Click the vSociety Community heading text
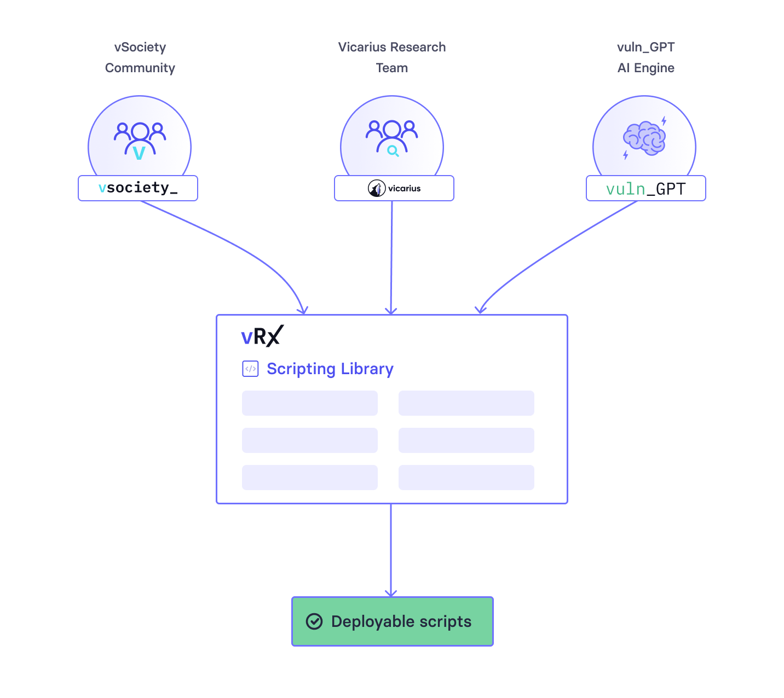click(x=140, y=57)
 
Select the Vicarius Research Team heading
click(x=392, y=57)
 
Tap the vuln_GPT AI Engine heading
click(x=645, y=57)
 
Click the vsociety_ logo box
click(x=138, y=188)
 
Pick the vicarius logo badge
click(x=394, y=188)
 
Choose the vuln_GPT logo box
click(x=646, y=188)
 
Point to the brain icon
click(x=644, y=138)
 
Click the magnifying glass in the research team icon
click(x=393, y=151)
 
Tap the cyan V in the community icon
click(x=140, y=152)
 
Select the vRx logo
click(x=262, y=336)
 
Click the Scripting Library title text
click(x=330, y=369)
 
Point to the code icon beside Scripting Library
click(x=250, y=369)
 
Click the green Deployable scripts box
click(x=393, y=621)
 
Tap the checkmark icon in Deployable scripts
click(x=314, y=621)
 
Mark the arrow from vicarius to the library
click(x=391, y=257)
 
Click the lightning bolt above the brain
click(x=664, y=121)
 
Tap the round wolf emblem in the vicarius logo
click(x=377, y=188)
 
